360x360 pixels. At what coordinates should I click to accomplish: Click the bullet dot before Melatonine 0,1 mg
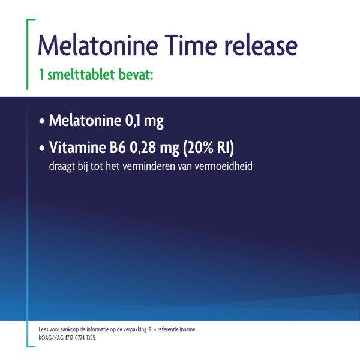pos(41,122)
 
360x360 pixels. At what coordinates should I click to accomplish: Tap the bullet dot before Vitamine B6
pos(41,148)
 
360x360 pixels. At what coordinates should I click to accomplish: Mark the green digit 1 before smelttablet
pos(41,76)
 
